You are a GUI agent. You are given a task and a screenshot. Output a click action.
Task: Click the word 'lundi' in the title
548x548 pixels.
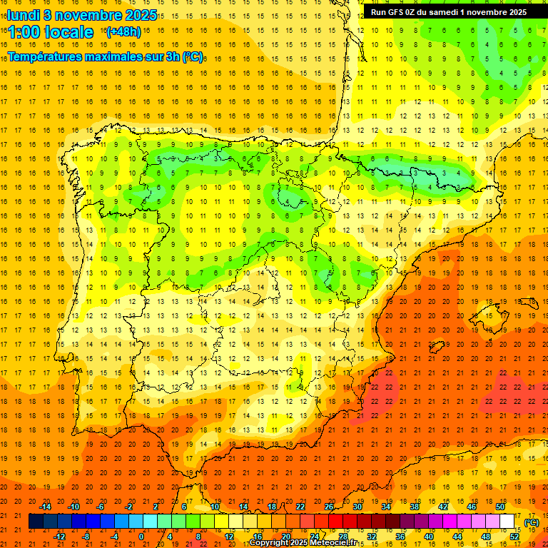pos(23,14)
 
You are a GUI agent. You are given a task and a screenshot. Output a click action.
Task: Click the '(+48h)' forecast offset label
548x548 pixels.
pos(123,32)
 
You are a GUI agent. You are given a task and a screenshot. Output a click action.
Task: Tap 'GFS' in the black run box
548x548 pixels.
pos(399,12)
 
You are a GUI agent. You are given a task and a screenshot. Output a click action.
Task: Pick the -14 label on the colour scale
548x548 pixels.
pos(46,507)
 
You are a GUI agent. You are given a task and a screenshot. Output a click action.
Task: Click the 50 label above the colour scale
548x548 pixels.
pos(500,507)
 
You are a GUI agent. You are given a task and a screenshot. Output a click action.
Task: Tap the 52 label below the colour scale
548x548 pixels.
pos(514,537)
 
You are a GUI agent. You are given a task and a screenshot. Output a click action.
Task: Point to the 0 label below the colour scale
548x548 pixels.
pos(141,537)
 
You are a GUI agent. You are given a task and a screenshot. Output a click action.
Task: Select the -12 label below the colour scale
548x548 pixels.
pos(59,537)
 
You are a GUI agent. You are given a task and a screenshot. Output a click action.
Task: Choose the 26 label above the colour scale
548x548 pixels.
pos(329,507)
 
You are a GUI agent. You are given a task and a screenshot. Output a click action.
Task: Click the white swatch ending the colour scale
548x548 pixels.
pos(507,522)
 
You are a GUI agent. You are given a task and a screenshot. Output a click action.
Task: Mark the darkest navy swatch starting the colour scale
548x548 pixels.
pos(36,522)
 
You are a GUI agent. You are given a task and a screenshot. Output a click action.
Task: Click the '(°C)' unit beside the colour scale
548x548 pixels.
pos(531,522)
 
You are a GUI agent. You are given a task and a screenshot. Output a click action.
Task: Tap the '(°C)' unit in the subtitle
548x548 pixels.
pos(192,56)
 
